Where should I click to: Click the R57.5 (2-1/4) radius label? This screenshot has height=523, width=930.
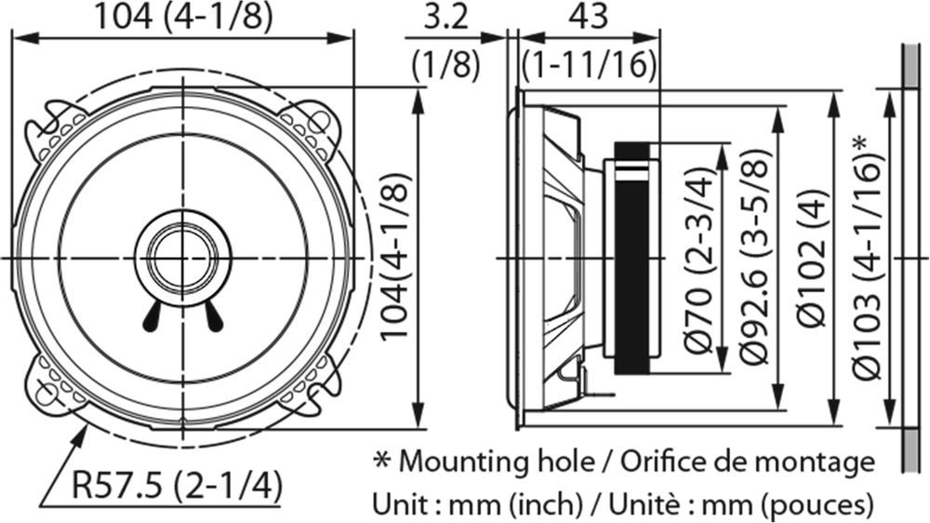(x=176, y=486)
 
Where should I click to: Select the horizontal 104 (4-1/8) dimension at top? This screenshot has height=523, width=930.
(x=184, y=18)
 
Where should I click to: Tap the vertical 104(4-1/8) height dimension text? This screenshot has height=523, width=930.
(x=394, y=257)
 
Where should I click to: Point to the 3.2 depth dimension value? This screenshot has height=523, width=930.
(x=446, y=18)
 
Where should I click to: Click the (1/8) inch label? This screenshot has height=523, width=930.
(x=446, y=64)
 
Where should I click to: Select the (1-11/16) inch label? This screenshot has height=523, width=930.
(x=590, y=64)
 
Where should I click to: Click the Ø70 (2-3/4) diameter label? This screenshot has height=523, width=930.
(x=699, y=260)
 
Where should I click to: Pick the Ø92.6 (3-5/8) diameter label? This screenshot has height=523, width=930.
(x=754, y=257)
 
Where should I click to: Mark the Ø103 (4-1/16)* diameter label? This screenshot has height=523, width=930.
(x=867, y=257)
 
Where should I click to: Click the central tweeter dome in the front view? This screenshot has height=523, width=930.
(x=183, y=258)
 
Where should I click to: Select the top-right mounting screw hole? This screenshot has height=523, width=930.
(x=319, y=122)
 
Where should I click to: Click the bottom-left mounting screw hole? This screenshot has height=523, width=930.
(x=46, y=394)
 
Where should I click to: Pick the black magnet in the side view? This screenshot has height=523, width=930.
(x=631, y=258)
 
